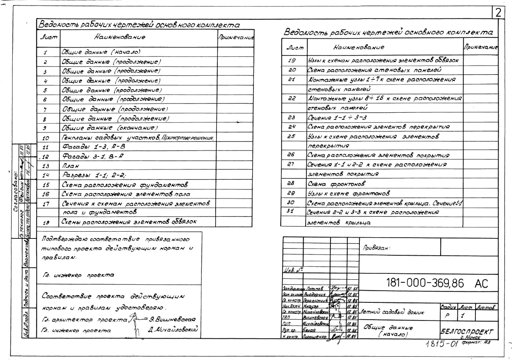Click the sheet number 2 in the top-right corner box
pyautogui.click(x=499, y=13)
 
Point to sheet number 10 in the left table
pyautogui.click(x=46, y=138)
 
